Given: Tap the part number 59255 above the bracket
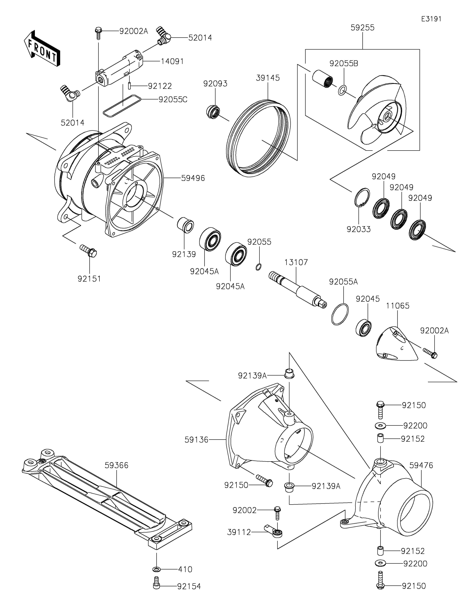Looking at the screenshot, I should [362, 28].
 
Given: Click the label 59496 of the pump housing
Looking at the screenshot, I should [193, 178].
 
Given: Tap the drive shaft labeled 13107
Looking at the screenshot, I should [297, 290].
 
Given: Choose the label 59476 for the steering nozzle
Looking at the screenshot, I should [421, 465].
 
